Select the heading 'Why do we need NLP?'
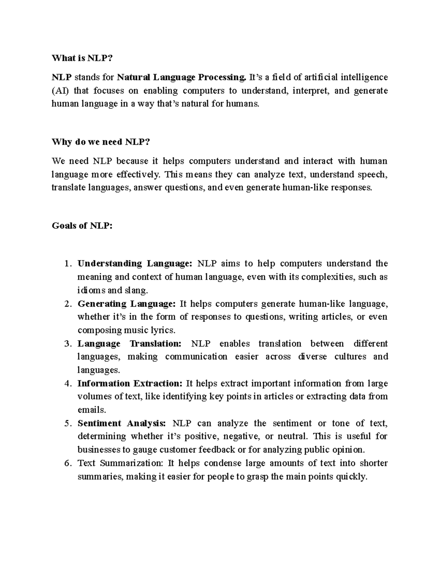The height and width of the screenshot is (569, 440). click(x=101, y=142)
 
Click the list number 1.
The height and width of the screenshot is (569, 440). click(x=66, y=264)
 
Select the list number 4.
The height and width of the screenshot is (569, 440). click(x=66, y=384)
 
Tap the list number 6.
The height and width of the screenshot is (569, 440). click(x=66, y=463)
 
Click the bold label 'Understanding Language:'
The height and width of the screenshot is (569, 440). click(x=135, y=264)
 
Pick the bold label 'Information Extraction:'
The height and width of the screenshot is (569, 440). click(x=130, y=384)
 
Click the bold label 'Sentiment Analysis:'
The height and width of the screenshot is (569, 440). click(x=122, y=424)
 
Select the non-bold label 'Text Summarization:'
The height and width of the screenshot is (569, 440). click(x=121, y=463)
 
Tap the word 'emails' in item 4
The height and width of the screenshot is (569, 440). click(x=91, y=410)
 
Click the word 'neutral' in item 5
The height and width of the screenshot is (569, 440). click(x=291, y=437)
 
